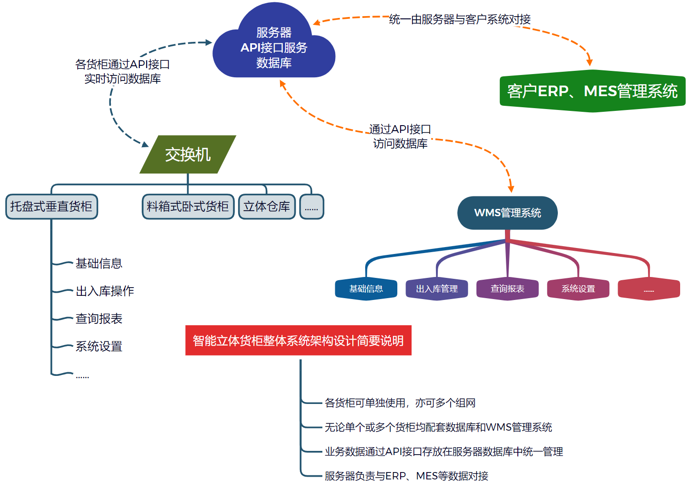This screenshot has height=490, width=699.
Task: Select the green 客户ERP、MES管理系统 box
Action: coord(592,91)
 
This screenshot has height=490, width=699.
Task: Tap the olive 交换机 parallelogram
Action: coord(188,155)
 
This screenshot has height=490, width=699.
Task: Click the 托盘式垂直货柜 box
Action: coord(52,207)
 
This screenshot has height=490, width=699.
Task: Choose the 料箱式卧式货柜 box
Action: coord(188,207)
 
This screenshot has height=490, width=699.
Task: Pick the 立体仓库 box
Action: coord(267,207)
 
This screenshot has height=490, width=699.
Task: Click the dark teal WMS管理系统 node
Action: coord(507,213)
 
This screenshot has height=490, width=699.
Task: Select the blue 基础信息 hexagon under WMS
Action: coord(366,289)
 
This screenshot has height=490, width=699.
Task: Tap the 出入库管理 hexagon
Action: coord(437,289)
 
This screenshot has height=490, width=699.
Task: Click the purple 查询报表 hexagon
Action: coord(507,289)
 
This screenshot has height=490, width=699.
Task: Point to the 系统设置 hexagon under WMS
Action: coord(578,289)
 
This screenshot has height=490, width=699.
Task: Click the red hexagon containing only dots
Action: coord(649,289)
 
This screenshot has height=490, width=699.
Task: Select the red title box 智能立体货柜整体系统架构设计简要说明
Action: coord(298,340)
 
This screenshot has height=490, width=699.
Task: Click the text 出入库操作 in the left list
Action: coord(105,291)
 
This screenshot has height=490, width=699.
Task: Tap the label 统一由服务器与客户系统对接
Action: coord(459,19)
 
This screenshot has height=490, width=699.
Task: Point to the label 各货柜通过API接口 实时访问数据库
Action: coord(122,71)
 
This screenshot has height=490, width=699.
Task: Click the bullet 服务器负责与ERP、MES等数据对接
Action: coord(406,476)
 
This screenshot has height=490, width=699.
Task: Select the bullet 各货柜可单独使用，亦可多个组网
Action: coord(400,403)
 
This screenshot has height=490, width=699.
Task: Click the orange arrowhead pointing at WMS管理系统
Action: coord(511,189)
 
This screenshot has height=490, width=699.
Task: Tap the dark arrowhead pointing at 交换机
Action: coord(145,144)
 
